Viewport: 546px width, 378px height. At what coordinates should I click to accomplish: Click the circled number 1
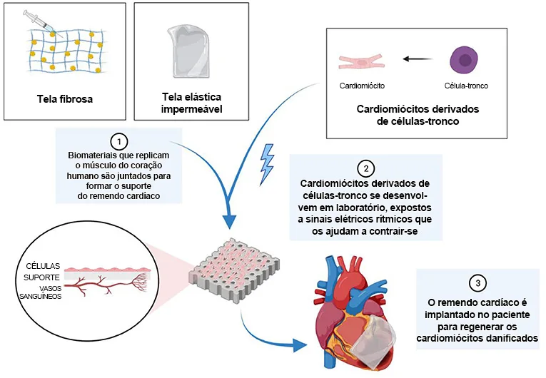point(120,141)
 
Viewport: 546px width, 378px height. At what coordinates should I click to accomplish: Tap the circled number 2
point(365,168)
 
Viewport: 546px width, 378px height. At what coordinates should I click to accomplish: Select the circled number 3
point(477,281)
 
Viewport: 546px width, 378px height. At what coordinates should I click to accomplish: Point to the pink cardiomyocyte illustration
point(363,61)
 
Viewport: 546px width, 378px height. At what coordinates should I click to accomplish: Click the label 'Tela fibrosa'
point(65,99)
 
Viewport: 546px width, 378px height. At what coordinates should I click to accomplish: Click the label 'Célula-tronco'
point(465,86)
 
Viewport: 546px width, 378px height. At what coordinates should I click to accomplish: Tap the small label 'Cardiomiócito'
point(363,86)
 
